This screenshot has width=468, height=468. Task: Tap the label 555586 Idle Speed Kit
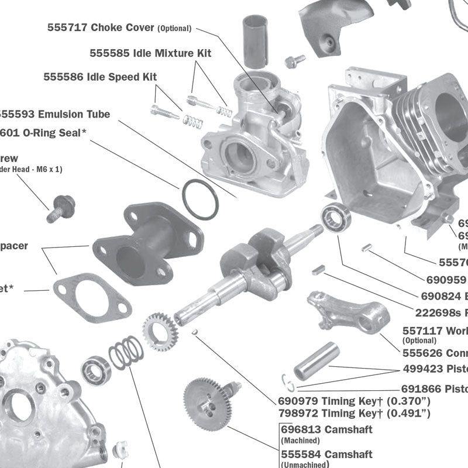tap(100, 77)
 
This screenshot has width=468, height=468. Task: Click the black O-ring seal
tap(199, 199)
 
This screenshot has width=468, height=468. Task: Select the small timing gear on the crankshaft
tap(160, 331)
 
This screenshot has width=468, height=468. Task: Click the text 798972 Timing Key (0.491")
tap(355, 414)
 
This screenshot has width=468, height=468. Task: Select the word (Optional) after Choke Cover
tap(175, 28)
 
